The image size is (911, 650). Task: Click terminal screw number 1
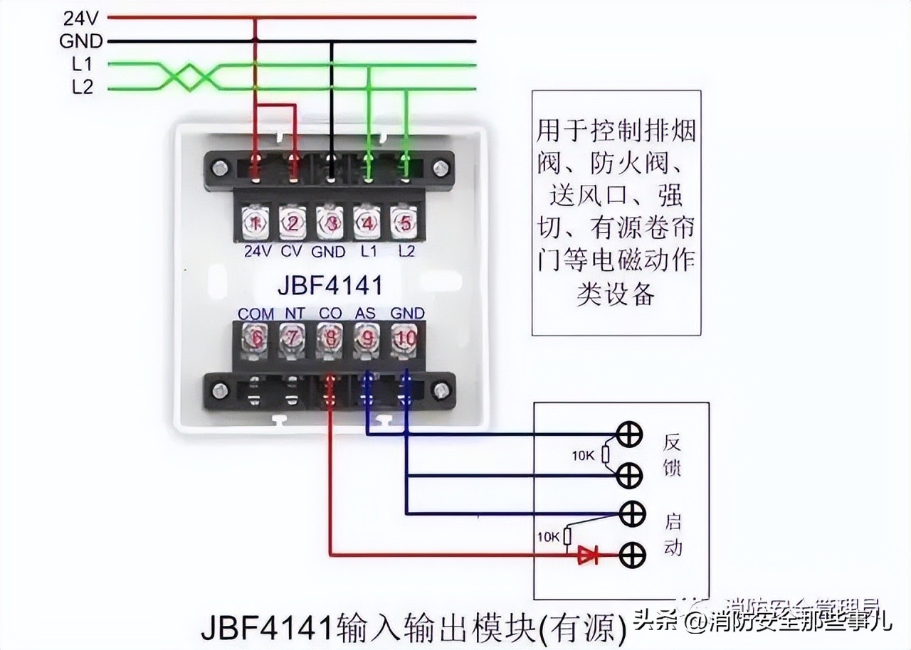(255, 223)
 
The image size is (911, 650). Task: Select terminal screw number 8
(330, 339)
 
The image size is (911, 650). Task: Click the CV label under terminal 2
(292, 251)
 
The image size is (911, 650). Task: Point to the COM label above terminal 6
(256, 314)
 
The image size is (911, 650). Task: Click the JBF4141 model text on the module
(329, 286)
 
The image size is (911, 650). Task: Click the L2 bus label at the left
(82, 87)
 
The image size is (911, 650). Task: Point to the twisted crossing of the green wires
(187, 76)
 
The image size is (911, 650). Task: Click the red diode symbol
(587, 554)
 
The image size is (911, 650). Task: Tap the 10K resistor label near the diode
(549, 537)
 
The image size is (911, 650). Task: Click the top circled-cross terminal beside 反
(630, 435)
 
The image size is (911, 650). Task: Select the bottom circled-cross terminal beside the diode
(630, 554)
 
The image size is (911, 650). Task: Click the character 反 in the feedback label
(672, 442)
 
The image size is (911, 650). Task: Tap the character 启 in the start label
(673, 522)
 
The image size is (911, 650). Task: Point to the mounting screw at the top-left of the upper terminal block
(221, 169)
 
